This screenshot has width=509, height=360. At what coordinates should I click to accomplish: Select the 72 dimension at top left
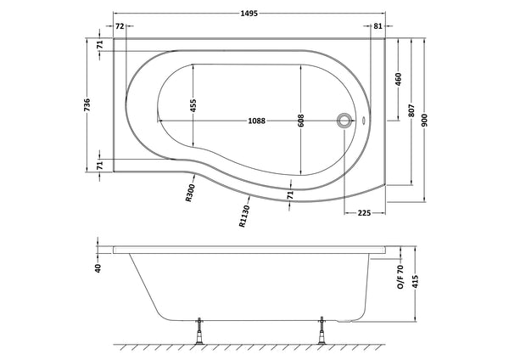[120, 27]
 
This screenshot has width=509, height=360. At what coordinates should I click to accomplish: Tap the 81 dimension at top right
[378, 27]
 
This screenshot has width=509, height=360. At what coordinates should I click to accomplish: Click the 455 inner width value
[193, 104]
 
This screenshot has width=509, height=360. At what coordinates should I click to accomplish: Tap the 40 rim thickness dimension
[98, 268]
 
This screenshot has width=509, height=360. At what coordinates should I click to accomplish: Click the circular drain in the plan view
[345, 121]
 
